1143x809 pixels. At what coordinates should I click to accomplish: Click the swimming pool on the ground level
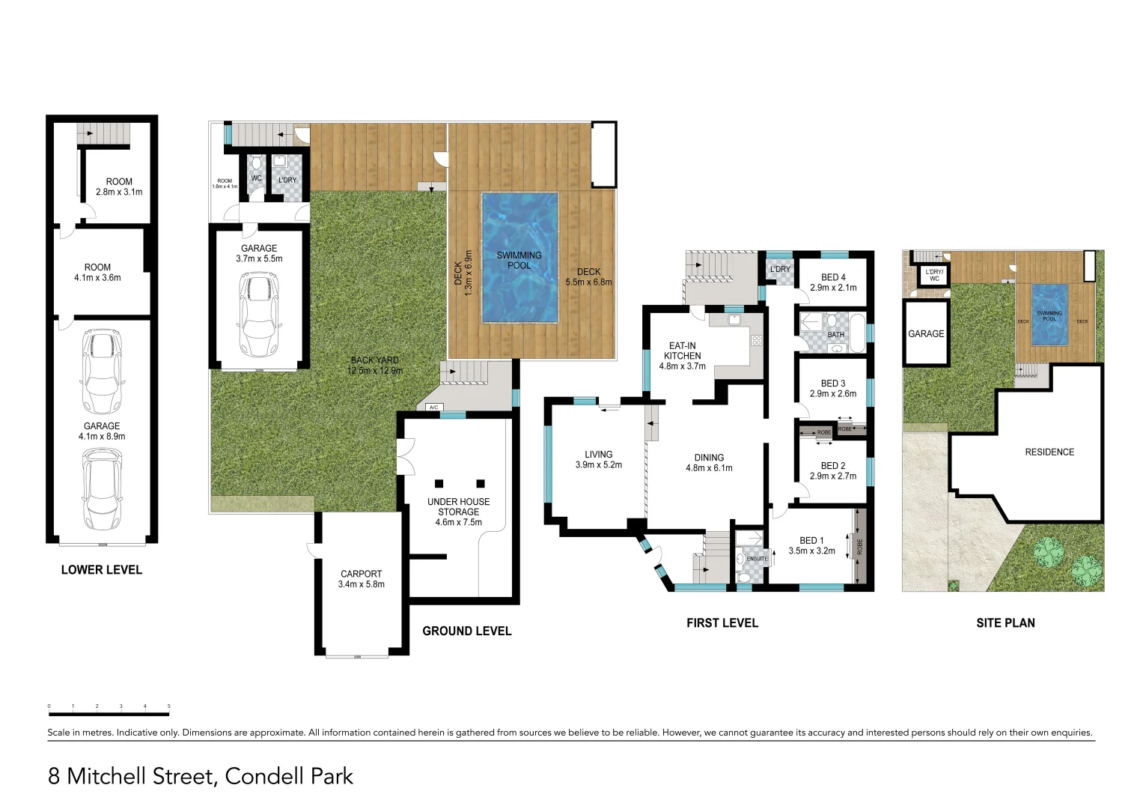(519, 258)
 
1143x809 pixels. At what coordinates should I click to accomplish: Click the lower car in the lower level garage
(101, 488)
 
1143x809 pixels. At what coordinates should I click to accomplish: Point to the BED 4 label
(832, 282)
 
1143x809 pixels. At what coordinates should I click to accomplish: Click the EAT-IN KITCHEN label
(682, 356)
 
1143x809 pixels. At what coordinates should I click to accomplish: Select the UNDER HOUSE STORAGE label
(458, 512)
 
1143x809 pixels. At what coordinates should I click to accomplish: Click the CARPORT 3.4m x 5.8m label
(362, 579)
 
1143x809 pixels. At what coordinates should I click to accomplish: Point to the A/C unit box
(433, 407)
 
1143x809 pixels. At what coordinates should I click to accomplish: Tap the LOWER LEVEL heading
(101, 570)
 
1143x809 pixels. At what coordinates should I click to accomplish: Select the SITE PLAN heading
(1005, 623)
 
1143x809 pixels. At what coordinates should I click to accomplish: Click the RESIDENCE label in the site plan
(1049, 452)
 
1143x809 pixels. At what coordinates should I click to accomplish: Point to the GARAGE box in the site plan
(926, 333)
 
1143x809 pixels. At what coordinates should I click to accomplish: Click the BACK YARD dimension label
(375, 366)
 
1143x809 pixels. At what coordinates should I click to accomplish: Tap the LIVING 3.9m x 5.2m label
(598, 459)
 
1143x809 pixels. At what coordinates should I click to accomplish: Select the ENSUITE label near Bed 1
(757, 559)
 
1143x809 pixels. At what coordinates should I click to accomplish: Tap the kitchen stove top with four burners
(756, 341)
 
